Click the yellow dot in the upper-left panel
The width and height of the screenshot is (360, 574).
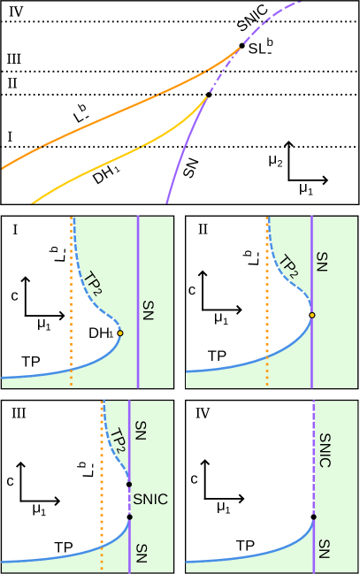point(120,333)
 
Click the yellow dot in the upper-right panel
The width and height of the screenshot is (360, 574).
point(311,315)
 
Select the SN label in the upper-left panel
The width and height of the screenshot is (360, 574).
point(148,310)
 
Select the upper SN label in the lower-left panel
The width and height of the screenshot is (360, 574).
point(140,431)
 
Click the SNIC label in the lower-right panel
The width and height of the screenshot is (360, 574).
point(325,450)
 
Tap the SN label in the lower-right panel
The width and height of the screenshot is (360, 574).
point(324,548)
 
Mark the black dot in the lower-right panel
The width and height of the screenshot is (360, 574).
point(314,517)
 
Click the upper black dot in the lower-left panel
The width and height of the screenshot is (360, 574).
point(129,485)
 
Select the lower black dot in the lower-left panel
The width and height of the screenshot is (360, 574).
point(129,517)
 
